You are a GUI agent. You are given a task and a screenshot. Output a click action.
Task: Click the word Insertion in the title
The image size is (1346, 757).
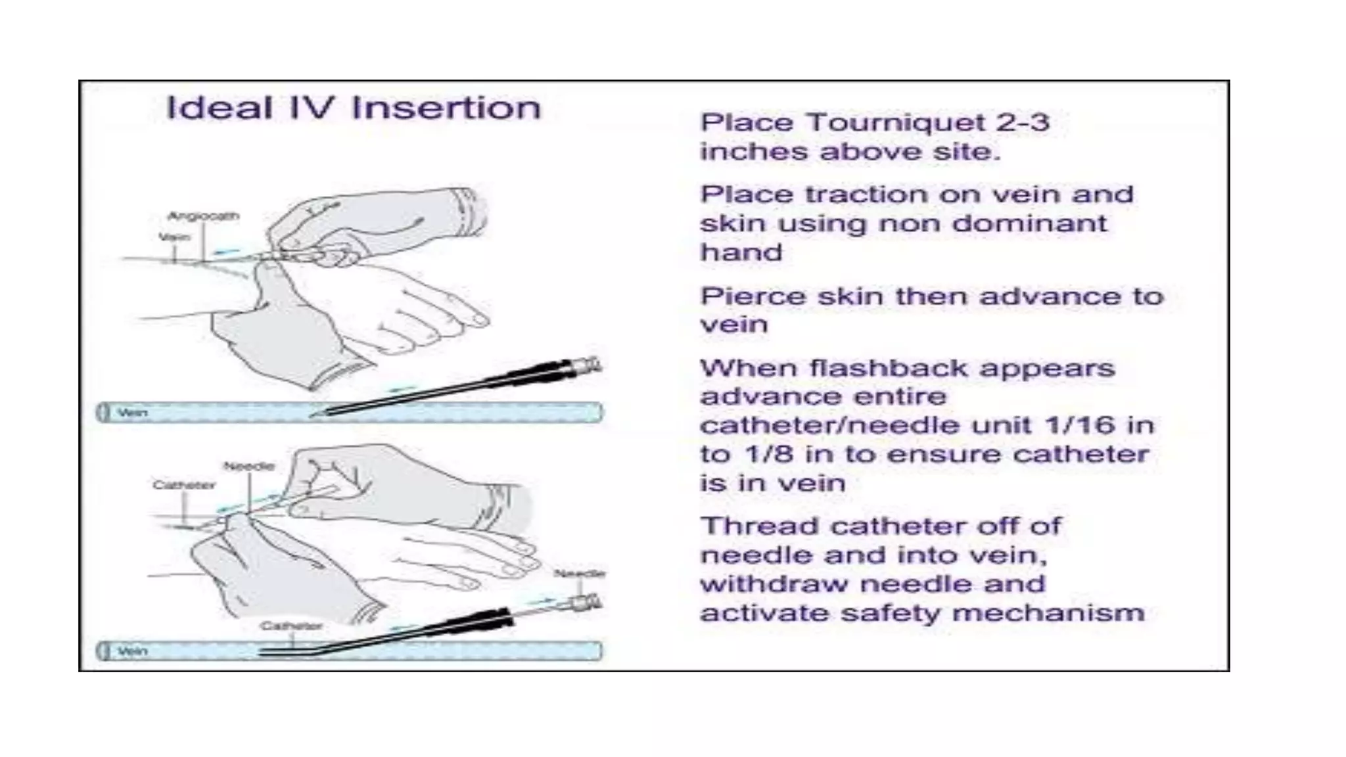(x=446, y=108)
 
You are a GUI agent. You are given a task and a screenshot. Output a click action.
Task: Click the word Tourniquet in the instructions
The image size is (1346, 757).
(x=898, y=123)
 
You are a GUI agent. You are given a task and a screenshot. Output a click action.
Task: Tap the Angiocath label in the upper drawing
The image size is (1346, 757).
(x=203, y=216)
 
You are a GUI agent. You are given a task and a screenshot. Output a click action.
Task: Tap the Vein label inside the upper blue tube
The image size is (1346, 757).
(x=132, y=413)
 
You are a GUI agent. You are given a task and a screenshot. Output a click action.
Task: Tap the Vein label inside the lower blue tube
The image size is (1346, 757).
(x=132, y=651)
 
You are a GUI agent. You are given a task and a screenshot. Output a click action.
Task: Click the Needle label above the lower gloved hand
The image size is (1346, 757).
(x=249, y=467)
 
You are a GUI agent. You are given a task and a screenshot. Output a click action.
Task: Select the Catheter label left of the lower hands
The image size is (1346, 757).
(x=184, y=485)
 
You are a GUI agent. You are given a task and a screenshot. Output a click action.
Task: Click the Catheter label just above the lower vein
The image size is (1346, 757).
(x=291, y=626)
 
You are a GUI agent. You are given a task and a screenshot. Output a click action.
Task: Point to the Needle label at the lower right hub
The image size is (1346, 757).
(x=579, y=574)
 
